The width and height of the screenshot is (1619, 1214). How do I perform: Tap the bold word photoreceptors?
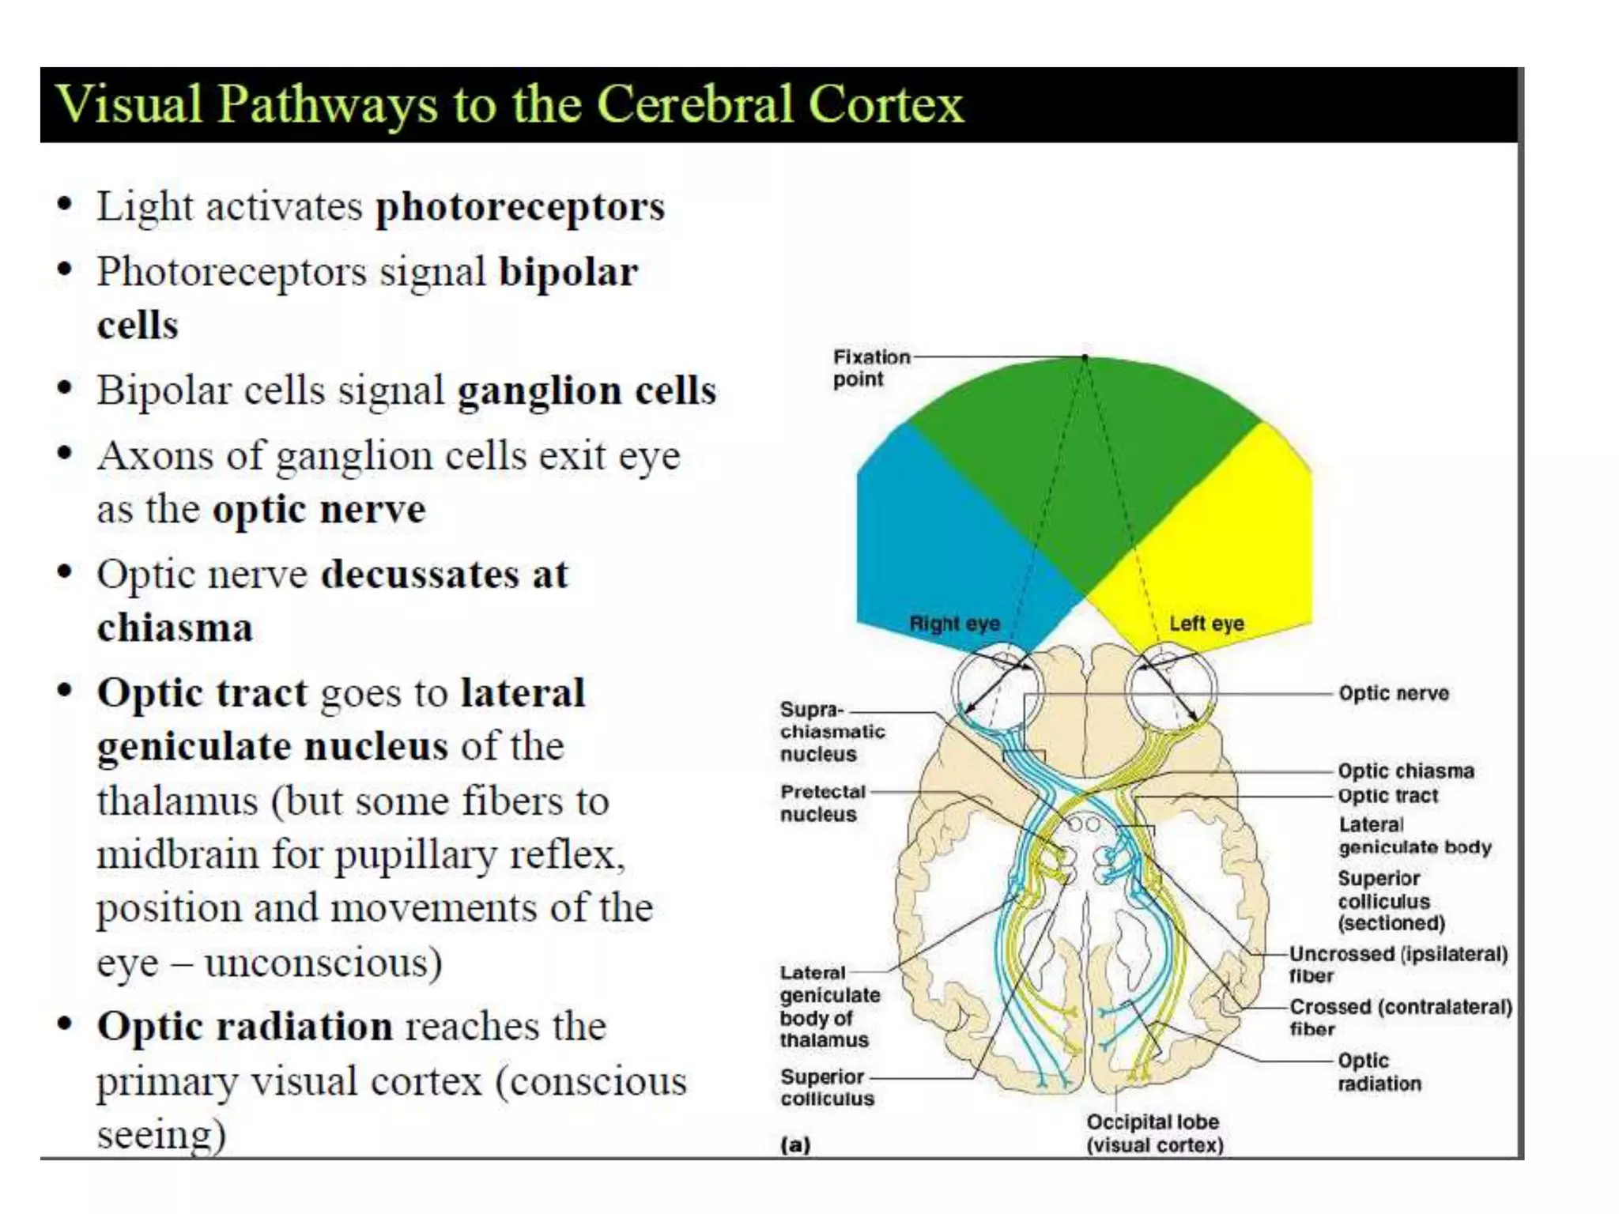coord(520,207)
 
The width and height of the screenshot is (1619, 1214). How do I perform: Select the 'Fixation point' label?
coord(870,368)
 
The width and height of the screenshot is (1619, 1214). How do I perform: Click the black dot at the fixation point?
coord(1085,358)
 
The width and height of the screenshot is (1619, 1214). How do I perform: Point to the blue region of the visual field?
coord(933,537)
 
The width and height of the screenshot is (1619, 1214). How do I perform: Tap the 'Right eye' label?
coord(954,624)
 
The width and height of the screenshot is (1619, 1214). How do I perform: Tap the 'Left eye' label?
coord(1206,624)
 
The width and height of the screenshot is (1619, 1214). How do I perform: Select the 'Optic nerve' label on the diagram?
coord(1393,693)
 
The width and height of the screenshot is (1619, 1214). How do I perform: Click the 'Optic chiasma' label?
coord(1406,771)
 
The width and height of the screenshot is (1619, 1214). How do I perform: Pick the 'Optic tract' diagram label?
coord(1387,796)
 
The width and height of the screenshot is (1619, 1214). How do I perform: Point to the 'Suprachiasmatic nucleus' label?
coord(832,732)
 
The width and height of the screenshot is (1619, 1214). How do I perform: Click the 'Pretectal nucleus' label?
coord(822,803)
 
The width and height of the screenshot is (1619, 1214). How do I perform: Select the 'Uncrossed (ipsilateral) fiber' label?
coord(1398,964)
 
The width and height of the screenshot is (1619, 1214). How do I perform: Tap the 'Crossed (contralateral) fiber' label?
coord(1400,1017)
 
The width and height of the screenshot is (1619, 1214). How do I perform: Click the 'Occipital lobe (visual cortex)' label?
coord(1154,1133)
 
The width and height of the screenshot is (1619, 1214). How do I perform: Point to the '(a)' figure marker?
coord(795,1144)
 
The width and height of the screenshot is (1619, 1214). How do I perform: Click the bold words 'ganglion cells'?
coord(587,390)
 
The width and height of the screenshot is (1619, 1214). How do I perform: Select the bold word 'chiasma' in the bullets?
coord(175,628)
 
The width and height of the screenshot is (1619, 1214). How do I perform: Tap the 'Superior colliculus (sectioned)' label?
coord(1391,900)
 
